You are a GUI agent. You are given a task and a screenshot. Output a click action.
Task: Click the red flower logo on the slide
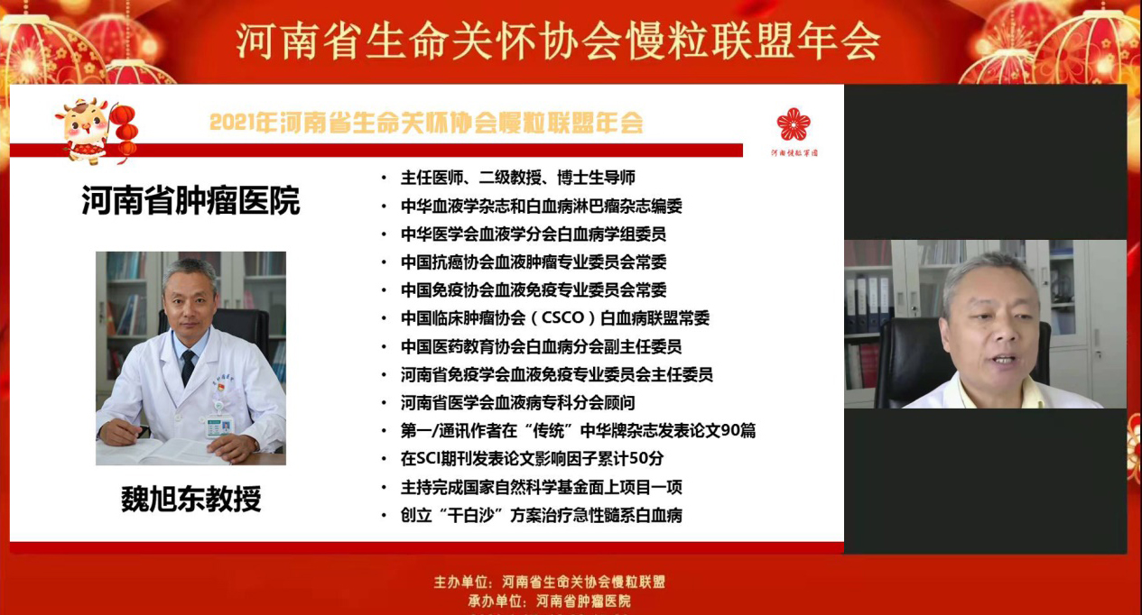coord(794,124)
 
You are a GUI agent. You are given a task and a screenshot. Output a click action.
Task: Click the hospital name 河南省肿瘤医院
coord(190,200)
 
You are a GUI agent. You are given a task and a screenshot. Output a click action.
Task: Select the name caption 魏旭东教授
coord(191,499)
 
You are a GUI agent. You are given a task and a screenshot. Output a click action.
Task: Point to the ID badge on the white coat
coord(219,427)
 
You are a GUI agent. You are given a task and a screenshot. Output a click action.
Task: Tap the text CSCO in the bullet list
coord(562,318)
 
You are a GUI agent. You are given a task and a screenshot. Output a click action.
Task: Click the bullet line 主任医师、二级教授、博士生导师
coord(518,178)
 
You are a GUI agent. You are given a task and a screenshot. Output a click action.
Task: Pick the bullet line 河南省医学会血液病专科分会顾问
coord(517,403)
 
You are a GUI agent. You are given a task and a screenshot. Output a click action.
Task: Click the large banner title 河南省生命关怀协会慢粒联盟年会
coord(558,41)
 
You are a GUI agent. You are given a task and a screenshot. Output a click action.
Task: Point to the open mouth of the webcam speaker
coord(1003,360)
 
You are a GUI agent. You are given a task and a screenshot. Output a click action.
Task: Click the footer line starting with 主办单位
coord(550,582)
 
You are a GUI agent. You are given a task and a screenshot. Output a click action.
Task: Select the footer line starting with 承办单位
coord(550,601)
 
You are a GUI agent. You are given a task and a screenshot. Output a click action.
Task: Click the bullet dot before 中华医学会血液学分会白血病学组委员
coord(384,234)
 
